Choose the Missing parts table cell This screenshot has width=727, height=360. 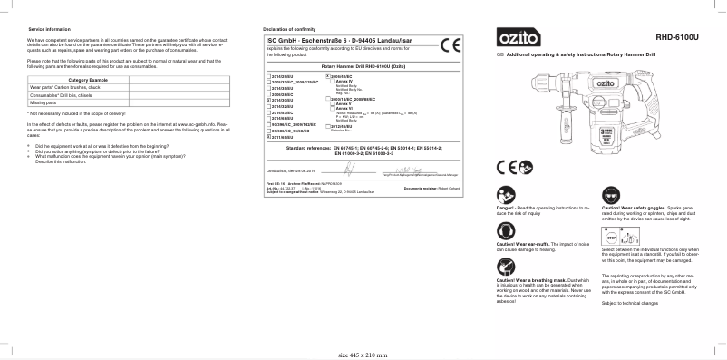pos(44,102)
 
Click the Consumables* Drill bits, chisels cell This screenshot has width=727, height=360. pos(69,95)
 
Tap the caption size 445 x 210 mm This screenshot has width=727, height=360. pos(363,355)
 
